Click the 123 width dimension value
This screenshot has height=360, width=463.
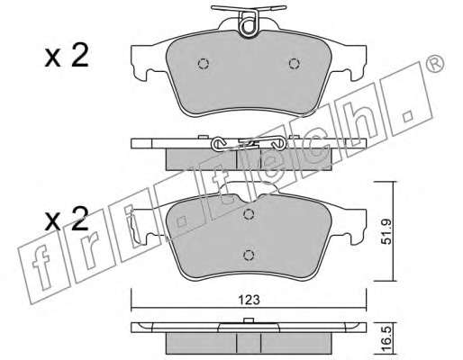tap(249, 300)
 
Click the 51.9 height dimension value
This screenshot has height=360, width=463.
tap(387, 232)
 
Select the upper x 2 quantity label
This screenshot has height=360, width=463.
tap(67, 55)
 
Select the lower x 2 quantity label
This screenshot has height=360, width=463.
tap(67, 220)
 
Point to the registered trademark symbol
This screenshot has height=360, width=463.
tap(435, 64)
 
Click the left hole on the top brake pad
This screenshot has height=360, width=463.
tap(204, 64)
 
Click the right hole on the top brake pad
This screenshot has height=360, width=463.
tap(295, 64)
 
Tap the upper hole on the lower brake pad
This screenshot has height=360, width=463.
tap(249, 214)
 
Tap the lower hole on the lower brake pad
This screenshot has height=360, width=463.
tap(249, 255)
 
